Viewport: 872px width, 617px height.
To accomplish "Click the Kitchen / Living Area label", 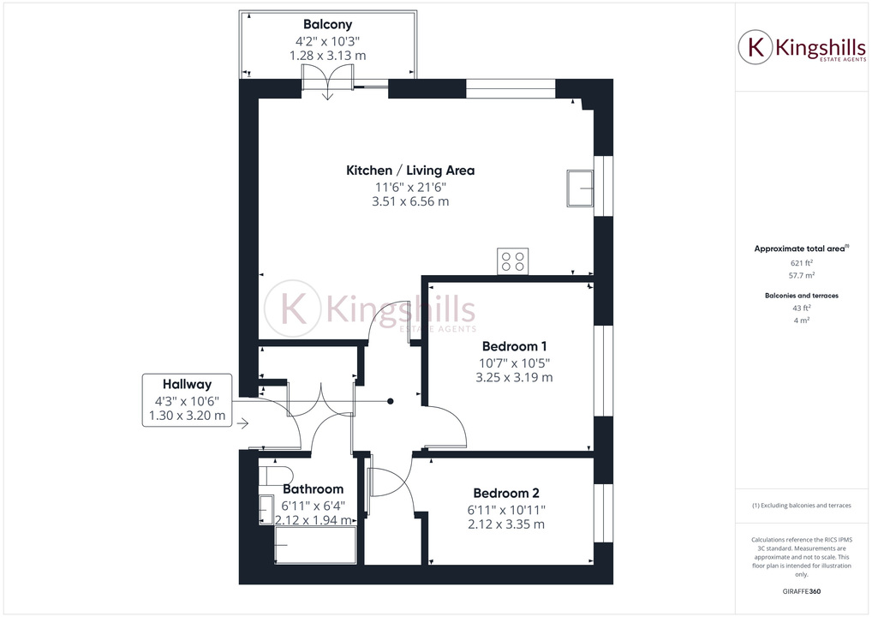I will click(x=409, y=171).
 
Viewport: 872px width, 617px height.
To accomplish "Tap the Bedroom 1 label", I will click(x=514, y=346).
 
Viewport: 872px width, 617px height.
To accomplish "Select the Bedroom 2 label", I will click(x=505, y=494).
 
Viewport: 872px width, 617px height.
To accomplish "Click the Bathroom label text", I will click(x=313, y=489).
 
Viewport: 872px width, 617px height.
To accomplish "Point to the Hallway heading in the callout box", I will click(x=187, y=385).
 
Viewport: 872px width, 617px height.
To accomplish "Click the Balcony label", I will click(x=327, y=25).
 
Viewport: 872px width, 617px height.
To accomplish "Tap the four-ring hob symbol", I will click(x=513, y=261).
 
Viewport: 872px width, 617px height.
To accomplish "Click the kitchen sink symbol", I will click(x=580, y=186).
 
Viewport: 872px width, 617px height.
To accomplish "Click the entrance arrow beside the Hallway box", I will click(x=243, y=423).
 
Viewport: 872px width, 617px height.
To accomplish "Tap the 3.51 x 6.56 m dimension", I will click(x=409, y=202).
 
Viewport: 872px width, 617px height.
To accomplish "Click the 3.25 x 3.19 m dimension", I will click(x=514, y=377).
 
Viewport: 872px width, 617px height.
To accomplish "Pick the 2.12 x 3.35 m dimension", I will click(x=505, y=524).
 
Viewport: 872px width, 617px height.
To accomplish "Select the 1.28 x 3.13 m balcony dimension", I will click(x=327, y=55).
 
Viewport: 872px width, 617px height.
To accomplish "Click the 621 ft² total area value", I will click(x=801, y=264).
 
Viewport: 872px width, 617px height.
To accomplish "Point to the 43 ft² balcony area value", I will click(x=801, y=308).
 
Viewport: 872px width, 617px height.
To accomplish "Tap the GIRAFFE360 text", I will click(x=801, y=591).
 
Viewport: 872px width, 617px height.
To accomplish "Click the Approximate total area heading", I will click(x=800, y=249).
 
